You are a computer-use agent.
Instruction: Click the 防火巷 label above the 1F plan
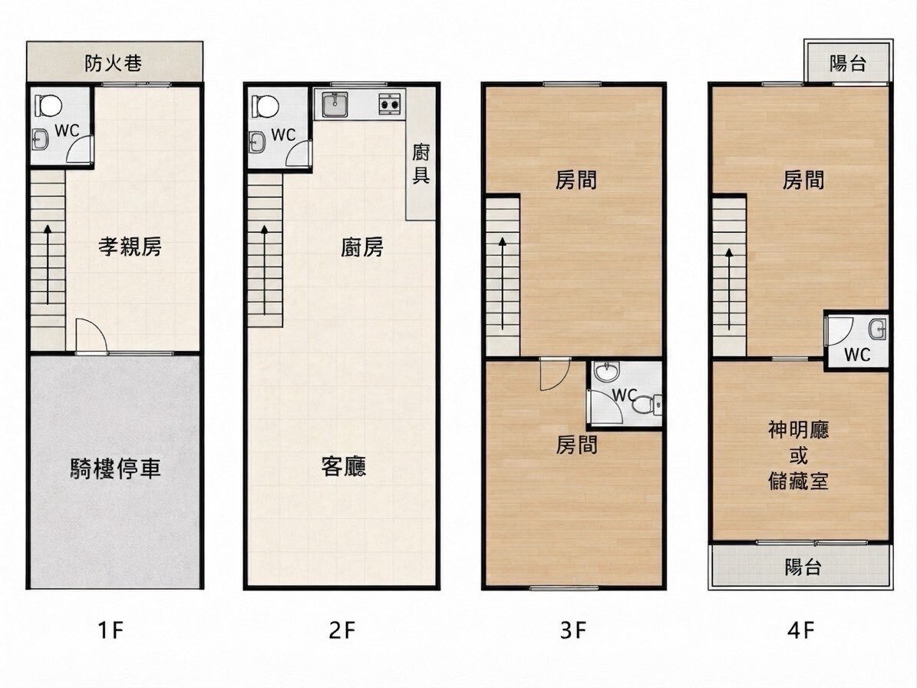(114, 63)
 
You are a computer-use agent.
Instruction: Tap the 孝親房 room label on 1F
(130, 246)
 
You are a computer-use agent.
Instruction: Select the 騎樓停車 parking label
(115, 468)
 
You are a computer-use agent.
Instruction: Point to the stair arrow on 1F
(48, 264)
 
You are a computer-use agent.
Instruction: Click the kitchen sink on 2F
(334, 104)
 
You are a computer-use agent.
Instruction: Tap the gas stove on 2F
(390, 103)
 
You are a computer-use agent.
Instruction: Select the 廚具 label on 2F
(421, 164)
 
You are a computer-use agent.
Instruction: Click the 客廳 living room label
(344, 466)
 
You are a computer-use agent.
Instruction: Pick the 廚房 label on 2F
(362, 247)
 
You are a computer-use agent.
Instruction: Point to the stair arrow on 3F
(503, 284)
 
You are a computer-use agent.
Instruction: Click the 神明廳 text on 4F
(798, 430)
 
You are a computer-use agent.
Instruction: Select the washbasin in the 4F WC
(877, 329)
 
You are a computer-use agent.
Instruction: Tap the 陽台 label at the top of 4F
(847, 63)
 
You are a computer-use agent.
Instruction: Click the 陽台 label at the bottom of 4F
(803, 567)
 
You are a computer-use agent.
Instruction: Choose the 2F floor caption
(342, 630)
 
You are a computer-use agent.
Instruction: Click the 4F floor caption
(800, 630)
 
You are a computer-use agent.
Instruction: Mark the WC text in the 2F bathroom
(284, 135)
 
